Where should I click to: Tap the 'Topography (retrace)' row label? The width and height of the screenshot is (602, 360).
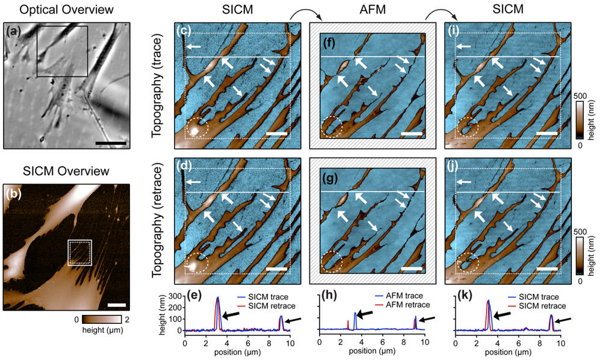(x=158, y=220)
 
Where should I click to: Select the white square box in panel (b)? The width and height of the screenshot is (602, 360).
(x=79, y=252)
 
